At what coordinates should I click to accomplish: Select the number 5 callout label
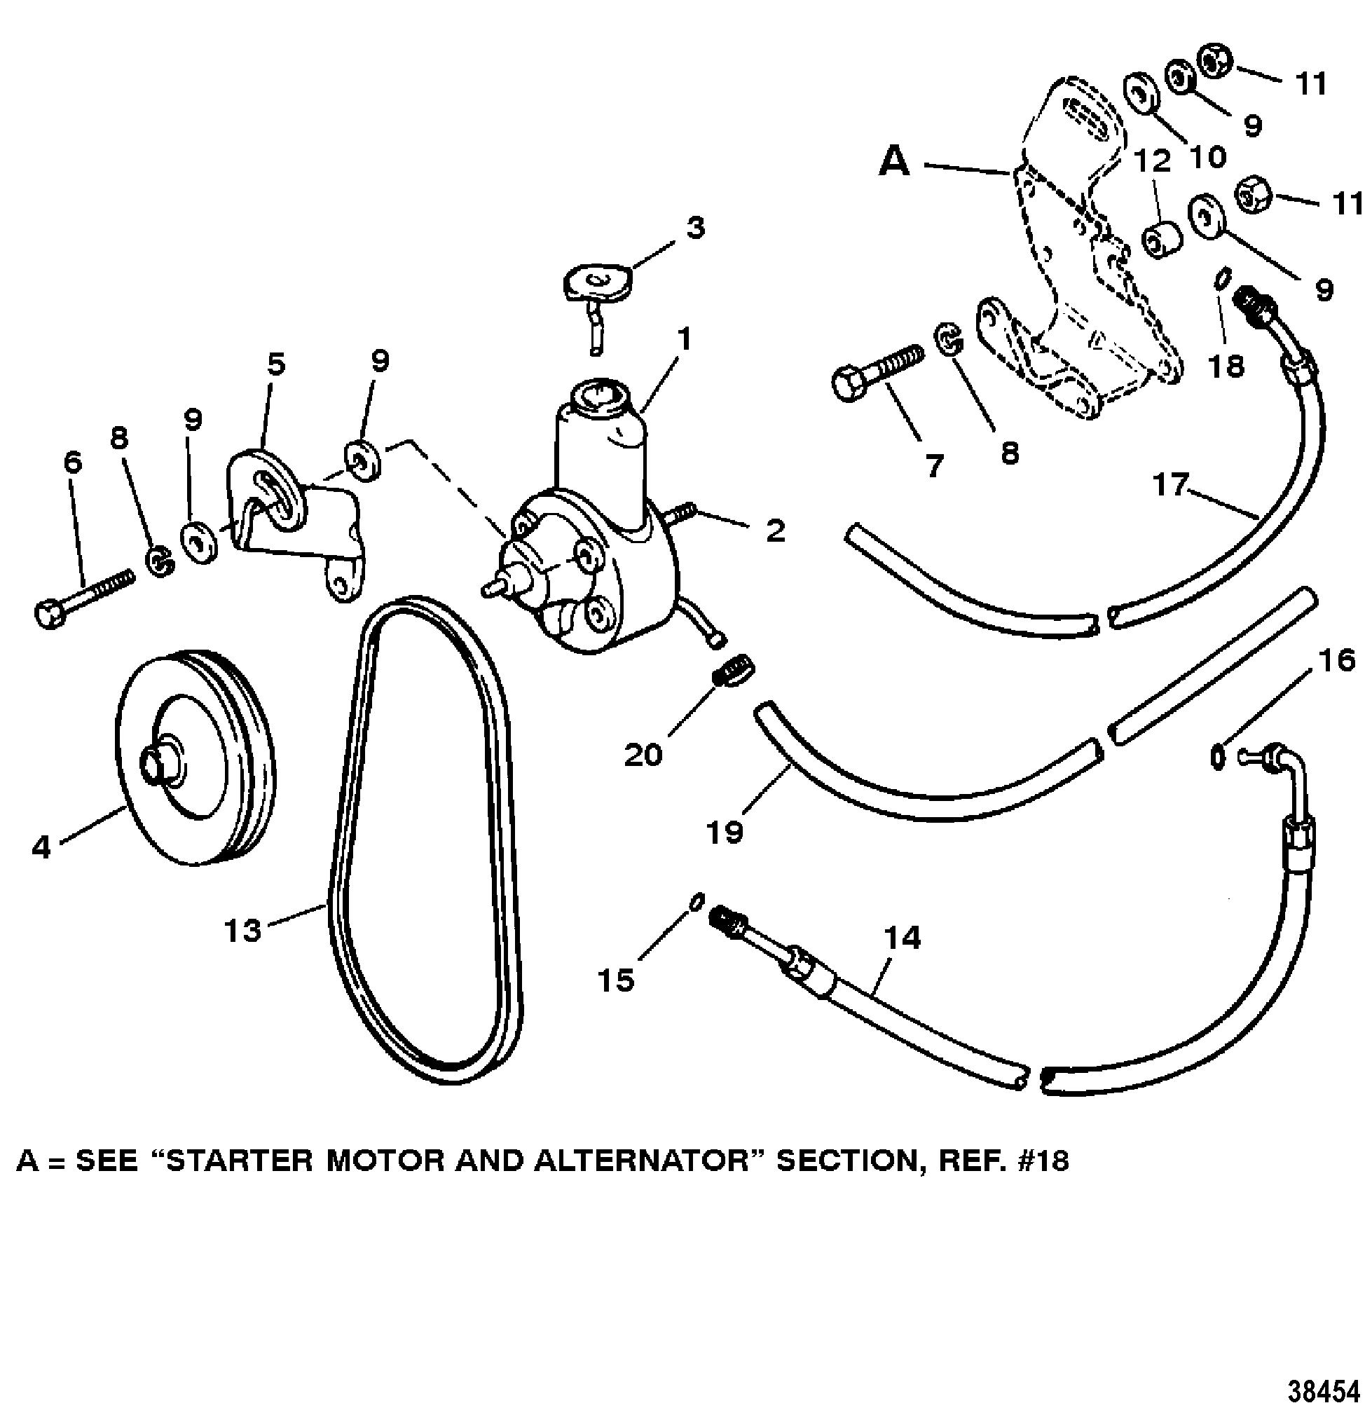(x=275, y=365)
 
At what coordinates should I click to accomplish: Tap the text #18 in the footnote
(x=1035, y=1163)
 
